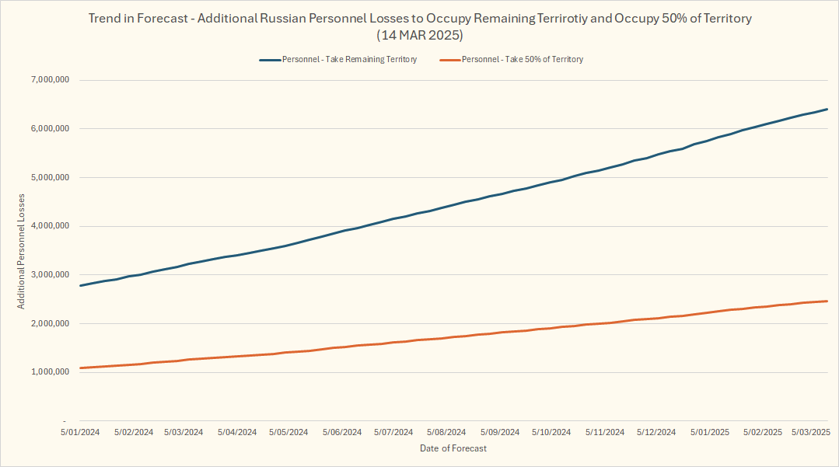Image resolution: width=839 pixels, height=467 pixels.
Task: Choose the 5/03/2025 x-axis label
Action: coord(812,432)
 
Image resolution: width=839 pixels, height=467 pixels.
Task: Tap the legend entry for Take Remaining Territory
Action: coord(350,59)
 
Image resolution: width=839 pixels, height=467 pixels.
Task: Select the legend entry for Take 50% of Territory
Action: coord(523,59)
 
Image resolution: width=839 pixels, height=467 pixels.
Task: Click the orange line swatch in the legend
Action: coord(450,59)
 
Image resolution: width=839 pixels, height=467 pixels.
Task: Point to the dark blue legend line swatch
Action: coord(269,59)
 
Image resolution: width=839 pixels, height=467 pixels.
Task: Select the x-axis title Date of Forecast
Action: coord(453,448)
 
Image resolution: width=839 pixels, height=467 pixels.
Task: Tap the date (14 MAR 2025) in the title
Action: coord(419,36)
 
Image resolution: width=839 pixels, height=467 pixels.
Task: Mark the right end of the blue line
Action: coord(827,109)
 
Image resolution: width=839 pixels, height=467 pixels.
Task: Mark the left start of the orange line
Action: coord(80,368)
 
